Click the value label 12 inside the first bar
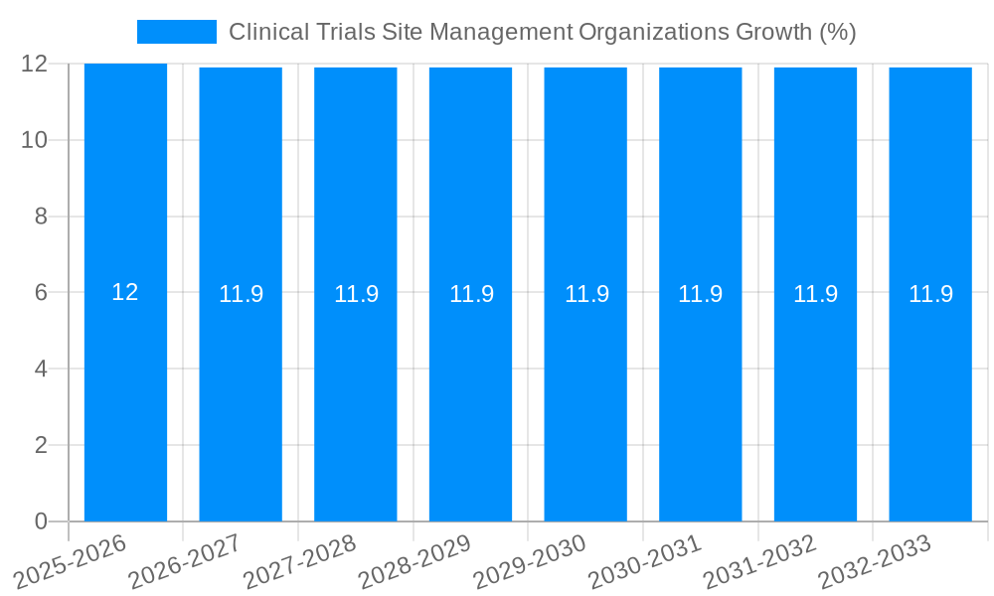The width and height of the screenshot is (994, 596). point(125,292)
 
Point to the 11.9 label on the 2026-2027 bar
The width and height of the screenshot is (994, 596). point(241,294)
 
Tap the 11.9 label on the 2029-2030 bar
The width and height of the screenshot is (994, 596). point(586,294)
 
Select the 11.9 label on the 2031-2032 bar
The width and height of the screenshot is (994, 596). point(815,294)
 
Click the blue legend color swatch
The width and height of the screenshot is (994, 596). point(176,32)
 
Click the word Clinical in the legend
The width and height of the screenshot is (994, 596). point(261,32)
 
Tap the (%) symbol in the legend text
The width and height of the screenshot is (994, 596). point(837,32)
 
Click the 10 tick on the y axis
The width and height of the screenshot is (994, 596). point(34,140)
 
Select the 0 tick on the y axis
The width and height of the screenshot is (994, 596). point(41,521)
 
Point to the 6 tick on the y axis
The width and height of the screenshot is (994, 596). point(41,292)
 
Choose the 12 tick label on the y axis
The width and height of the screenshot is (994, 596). point(34,64)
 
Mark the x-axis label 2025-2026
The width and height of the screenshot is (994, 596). point(71,562)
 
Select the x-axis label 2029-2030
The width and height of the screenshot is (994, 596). point(530,562)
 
